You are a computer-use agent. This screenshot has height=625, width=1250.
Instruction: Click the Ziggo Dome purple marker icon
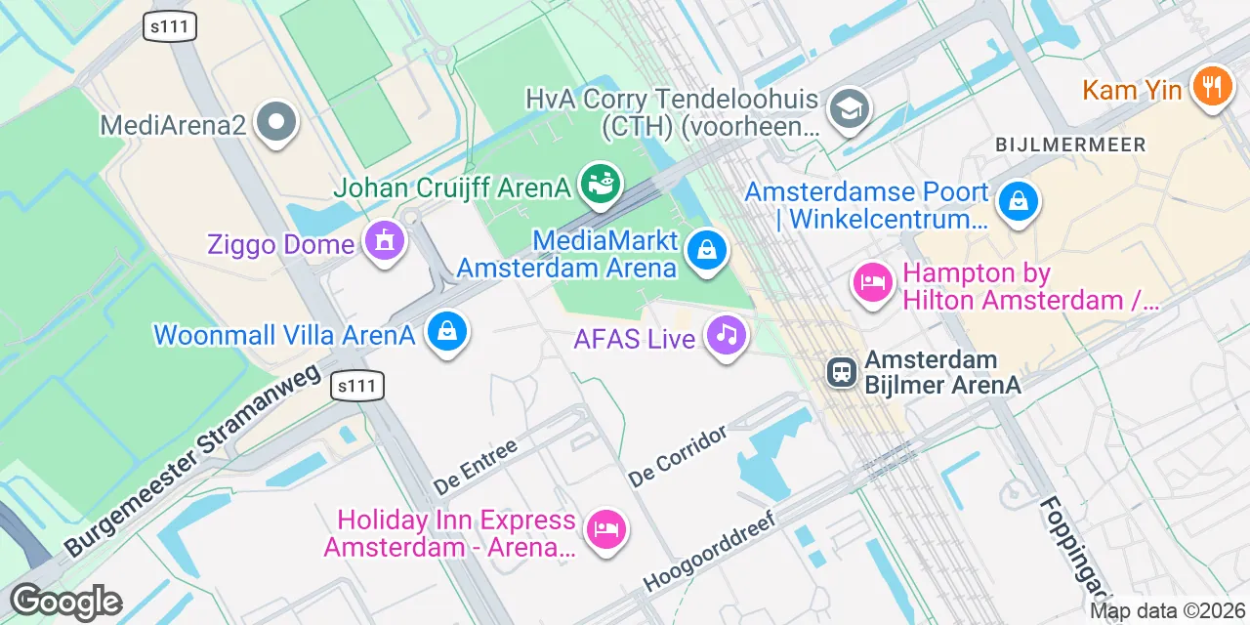(x=385, y=239)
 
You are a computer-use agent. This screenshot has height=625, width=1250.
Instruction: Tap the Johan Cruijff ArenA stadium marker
(x=600, y=182)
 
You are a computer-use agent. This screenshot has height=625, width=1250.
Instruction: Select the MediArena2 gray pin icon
(x=276, y=122)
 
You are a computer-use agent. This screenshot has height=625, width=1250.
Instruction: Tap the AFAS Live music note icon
(x=726, y=335)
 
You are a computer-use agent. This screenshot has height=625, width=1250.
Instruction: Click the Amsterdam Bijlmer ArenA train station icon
(x=839, y=372)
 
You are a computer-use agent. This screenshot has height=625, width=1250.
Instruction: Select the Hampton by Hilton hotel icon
(x=872, y=282)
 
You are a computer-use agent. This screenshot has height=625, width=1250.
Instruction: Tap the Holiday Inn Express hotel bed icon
(x=605, y=529)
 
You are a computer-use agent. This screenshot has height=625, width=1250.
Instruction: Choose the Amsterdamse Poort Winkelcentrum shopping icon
(x=1019, y=202)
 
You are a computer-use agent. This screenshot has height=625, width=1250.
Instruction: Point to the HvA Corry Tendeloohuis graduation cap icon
(x=849, y=110)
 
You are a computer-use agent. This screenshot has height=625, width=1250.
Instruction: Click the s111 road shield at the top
(x=170, y=26)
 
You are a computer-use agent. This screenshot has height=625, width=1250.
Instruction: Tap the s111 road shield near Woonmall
(x=356, y=386)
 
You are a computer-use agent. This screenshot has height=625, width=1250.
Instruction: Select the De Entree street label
(x=475, y=466)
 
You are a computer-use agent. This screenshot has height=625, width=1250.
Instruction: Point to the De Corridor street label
(x=679, y=456)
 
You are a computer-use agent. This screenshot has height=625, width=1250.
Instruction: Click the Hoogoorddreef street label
(x=709, y=551)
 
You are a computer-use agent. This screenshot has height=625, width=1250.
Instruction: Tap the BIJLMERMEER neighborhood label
(x=1070, y=145)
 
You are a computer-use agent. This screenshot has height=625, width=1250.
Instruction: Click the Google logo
(x=65, y=602)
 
